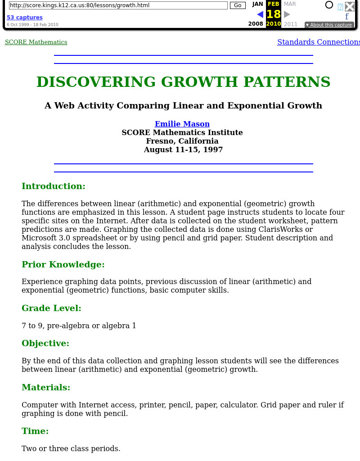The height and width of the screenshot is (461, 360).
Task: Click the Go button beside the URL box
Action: click(x=238, y=5)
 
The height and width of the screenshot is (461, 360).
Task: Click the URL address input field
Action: click(x=118, y=5)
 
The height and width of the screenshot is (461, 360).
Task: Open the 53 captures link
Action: click(x=25, y=18)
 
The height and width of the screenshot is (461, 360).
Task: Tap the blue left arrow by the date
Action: click(x=260, y=14)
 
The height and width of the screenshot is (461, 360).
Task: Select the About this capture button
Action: click(x=328, y=25)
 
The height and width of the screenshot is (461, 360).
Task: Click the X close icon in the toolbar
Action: click(x=350, y=6)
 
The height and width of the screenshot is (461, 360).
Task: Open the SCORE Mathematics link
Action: click(x=36, y=42)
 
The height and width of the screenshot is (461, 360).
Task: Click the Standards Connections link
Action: click(x=318, y=42)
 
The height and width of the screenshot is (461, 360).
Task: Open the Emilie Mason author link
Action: click(x=182, y=124)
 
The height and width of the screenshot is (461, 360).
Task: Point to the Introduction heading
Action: click(x=53, y=186)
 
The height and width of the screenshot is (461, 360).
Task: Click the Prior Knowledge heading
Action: click(x=63, y=265)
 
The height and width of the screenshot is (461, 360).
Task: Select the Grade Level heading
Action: click(x=51, y=308)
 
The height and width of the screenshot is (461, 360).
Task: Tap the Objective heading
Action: click(x=45, y=343)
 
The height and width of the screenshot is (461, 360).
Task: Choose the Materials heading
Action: click(x=46, y=388)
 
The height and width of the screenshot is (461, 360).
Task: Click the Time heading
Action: click(x=35, y=431)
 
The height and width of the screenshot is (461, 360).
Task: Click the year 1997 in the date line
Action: click(x=213, y=149)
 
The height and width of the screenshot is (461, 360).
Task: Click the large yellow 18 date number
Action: click(x=273, y=14)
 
